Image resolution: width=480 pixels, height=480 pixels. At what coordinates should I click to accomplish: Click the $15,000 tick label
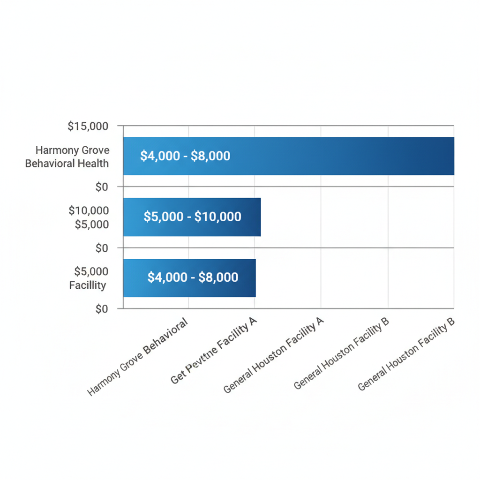coord(88,126)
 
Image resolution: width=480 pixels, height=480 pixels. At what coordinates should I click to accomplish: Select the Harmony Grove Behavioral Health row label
coord(67,157)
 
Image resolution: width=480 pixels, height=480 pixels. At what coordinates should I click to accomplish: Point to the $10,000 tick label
coord(89,210)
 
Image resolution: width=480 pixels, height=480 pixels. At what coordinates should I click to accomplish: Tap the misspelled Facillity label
coord(88,285)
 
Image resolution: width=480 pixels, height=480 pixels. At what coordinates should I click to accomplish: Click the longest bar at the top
coord(328,156)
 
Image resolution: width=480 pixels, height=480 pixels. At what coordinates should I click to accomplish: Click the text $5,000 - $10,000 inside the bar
coord(193,217)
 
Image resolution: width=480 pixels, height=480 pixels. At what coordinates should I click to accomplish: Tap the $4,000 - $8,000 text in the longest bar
coord(185,156)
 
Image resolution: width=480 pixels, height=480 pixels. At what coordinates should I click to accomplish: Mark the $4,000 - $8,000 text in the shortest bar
coord(193,277)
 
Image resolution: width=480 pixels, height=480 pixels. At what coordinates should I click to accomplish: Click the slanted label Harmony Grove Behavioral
coord(138,357)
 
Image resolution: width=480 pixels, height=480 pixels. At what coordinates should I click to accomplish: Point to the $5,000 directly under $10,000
coord(92,225)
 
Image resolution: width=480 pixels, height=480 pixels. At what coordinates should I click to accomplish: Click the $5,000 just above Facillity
coord(91,271)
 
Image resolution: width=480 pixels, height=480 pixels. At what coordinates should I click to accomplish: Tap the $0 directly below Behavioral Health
coord(102,187)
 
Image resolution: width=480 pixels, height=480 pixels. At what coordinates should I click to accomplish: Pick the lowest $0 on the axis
coord(102,309)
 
